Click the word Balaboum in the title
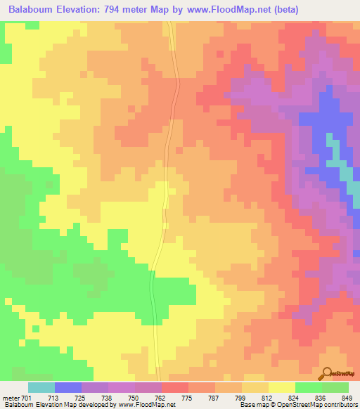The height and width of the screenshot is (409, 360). (x=33, y=10)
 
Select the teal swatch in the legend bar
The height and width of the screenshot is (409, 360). (x=41, y=387)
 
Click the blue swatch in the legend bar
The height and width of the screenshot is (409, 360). (x=68, y=387)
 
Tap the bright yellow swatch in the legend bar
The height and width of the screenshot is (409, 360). (x=282, y=387)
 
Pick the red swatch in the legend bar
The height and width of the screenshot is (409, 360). (x=175, y=387)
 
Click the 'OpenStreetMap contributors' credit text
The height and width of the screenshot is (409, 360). (x=323, y=405)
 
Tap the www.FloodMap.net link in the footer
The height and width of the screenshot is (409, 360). (x=148, y=405)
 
